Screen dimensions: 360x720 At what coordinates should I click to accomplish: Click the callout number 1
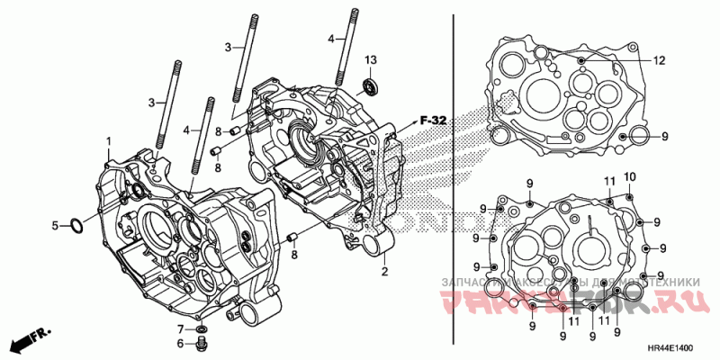tap(109, 141)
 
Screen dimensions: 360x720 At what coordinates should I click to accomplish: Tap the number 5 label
tap(55, 225)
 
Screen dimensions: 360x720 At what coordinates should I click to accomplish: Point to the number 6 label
tap(180, 343)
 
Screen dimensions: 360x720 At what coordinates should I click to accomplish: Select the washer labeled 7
tap(180, 328)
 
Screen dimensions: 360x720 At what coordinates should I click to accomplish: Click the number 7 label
tap(180, 328)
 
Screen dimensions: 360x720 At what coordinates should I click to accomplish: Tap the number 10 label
tap(629, 175)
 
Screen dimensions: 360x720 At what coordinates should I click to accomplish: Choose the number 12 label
tap(659, 60)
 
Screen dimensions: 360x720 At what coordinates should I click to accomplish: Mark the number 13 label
tap(370, 59)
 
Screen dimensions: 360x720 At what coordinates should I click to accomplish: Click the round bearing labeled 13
tap(369, 87)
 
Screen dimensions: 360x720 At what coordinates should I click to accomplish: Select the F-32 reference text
tap(433, 120)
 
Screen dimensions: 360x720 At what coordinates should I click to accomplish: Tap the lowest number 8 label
tap(293, 256)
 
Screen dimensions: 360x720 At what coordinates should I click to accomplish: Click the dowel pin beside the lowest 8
tap(293, 238)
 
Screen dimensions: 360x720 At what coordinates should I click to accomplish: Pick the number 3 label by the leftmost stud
tap(151, 102)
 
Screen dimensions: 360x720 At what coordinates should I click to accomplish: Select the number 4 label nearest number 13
tap(330, 40)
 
